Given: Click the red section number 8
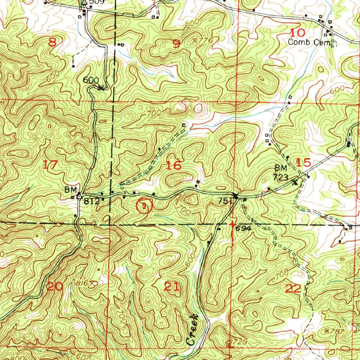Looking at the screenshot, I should [52, 43].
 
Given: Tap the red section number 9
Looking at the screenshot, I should [176, 44].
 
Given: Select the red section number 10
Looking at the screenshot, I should [298, 33].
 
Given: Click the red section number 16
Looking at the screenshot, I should [174, 165].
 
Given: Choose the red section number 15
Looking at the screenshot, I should [303, 162].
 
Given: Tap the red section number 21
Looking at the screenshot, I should [172, 287].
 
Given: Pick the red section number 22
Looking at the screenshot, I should [294, 289].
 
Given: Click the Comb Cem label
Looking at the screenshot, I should [309, 42].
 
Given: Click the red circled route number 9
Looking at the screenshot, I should [144, 206].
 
